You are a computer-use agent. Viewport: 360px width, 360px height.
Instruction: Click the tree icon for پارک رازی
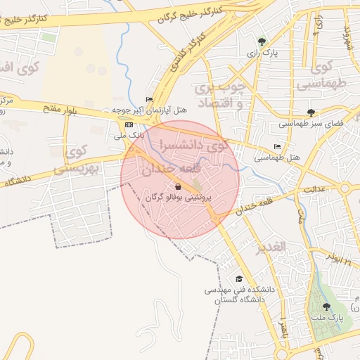tap(262, 41)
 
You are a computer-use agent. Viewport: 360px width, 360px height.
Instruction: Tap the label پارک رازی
tap(262, 53)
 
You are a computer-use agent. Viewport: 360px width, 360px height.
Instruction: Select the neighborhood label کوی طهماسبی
tap(323, 76)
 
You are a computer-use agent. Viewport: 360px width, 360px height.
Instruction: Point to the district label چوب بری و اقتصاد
tap(221, 95)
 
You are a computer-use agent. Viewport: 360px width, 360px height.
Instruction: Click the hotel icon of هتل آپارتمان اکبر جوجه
tap(149, 99)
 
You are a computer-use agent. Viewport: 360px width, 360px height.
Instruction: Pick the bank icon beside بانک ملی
tap(129, 124)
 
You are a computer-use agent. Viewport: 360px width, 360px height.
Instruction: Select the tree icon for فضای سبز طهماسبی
tap(311, 112)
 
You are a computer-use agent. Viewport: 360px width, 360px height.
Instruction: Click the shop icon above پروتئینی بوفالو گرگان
tap(179, 187)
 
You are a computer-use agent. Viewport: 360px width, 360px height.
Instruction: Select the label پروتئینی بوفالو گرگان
tap(179, 198)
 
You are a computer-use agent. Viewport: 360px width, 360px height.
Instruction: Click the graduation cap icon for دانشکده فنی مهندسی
tap(239, 278)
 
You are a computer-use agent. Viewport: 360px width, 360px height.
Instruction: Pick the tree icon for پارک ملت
tap(326, 307)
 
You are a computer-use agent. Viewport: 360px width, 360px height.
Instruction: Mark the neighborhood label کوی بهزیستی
tap(78, 160)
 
